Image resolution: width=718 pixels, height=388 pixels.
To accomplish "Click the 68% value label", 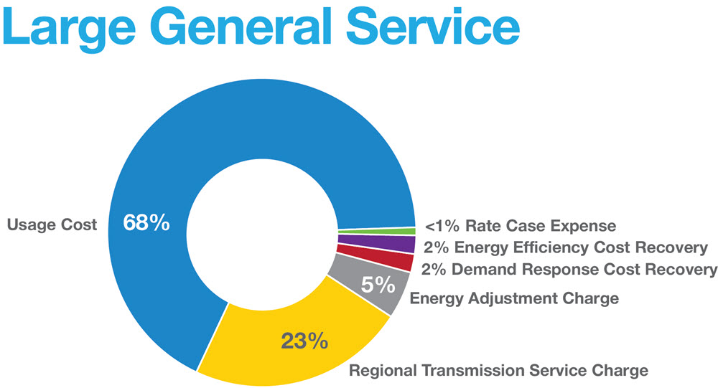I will [146, 223].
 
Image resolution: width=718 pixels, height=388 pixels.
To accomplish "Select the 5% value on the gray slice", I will [378, 285].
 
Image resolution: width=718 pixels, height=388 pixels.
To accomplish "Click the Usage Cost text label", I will [52, 225].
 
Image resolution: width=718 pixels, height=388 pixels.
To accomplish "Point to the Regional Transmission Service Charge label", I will [498, 371].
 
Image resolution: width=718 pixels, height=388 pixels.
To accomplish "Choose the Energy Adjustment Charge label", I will [514, 298].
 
